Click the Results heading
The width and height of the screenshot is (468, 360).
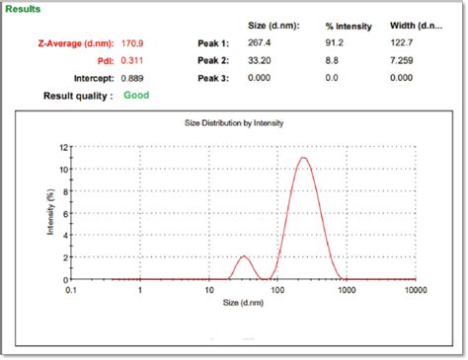pyautogui.click(x=24, y=9)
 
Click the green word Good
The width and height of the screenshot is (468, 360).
pyautogui.click(x=136, y=95)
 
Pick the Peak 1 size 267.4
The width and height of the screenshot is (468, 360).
pyautogui.click(x=261, y=43)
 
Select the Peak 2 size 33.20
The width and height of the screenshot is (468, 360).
pyautogui.click(x=261, y=60)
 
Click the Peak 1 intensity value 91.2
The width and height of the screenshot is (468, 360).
pyautogui.click(x=336, y=43)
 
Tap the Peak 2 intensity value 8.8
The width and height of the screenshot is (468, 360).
pyautogui.click(x=334, y=60)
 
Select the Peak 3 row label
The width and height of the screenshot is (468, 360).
pyautogui.click(x=212, y=77)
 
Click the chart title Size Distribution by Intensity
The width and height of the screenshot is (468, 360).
pyautogui.click(x=234, y=123)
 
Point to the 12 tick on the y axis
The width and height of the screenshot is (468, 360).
pyautogui.click(x=61, y=147)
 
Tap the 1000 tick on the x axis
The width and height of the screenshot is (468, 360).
pyautogui.click(x=347, y=291)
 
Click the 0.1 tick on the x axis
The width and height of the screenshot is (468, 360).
pyautogui.click(x=71, y=291)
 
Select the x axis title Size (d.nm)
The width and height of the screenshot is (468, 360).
pyautogui.click(x=243, y=302)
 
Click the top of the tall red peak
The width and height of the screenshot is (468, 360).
pyautogui.click(x=303, y=158)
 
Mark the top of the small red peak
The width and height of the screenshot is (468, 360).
pyautogui.click(x=243, y=256)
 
